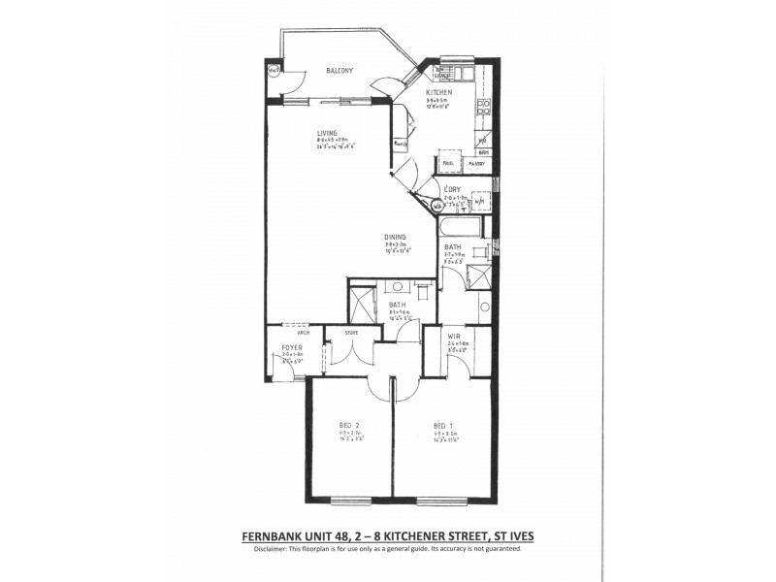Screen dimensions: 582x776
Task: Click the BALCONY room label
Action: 339,71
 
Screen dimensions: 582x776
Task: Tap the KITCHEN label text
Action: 440,92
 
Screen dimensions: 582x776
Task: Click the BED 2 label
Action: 350,424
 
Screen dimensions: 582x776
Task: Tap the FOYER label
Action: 292,346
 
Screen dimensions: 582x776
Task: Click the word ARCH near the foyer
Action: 290,331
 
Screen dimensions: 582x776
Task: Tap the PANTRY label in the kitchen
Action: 476,163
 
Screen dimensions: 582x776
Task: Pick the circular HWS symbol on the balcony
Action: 275,70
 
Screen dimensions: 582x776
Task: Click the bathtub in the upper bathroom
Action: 459,227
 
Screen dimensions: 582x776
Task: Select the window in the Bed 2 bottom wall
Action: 350,501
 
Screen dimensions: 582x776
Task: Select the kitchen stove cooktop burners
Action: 482,106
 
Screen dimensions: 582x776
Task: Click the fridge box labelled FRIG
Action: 448,163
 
